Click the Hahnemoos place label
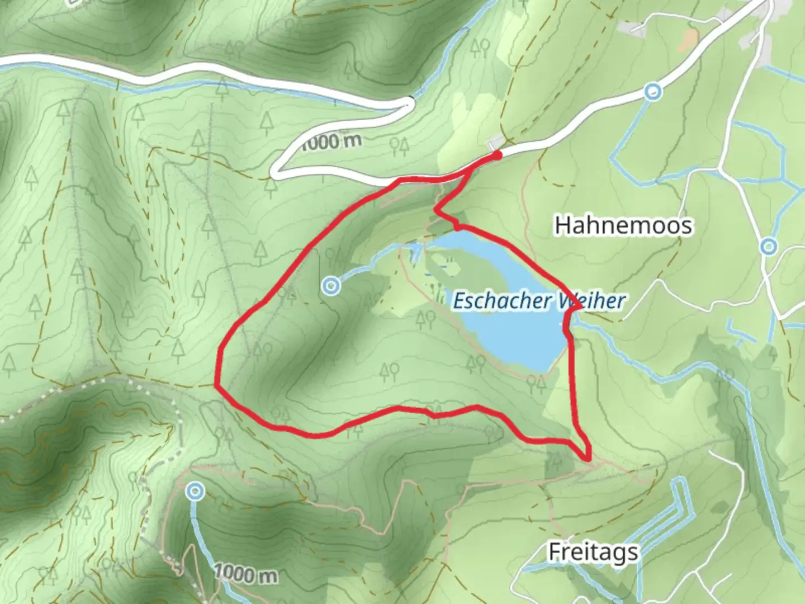[623, 225]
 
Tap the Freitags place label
[593, 552]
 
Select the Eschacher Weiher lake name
[538, 301]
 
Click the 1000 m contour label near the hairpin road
[332, 141]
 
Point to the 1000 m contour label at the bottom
[245, 573]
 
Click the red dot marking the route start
[496, 155]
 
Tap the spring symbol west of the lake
[332, 286]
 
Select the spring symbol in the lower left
[195, 492]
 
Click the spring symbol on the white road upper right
[652, 91]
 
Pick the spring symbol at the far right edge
[769, 246]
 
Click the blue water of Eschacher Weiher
[514, 336]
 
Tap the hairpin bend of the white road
[275, 171]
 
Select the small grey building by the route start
[494, 144]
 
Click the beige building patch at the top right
[691, 37]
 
